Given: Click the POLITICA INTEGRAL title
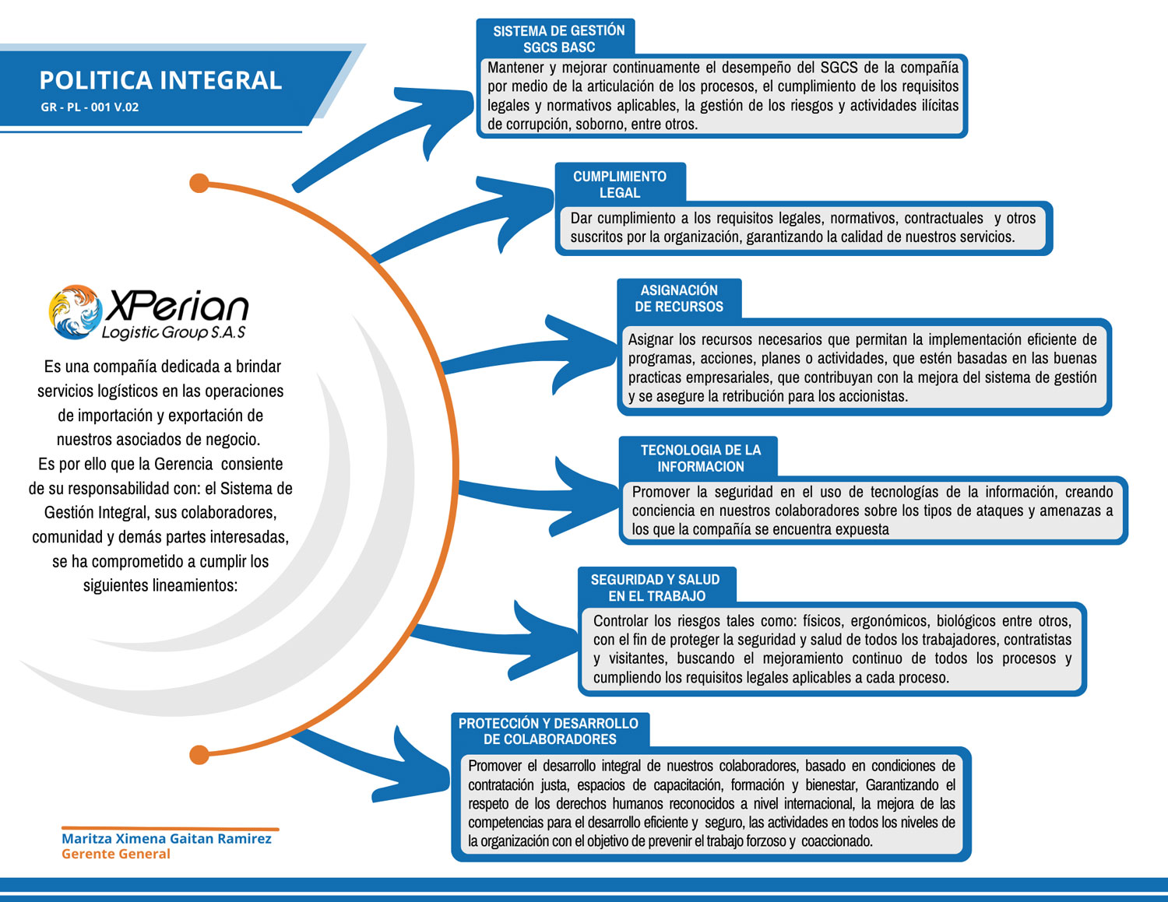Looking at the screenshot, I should click(x=160, y=80).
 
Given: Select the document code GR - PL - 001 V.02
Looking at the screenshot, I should click(x=90, y=107).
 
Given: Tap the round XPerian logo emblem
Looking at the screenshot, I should click(x=75, y=311).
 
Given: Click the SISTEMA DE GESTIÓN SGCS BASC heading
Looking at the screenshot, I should click(x=558, y=39).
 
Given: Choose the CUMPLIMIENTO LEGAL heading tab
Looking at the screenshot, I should click(x=620, y=184).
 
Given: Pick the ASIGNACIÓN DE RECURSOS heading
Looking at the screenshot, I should click(x=679, y=298).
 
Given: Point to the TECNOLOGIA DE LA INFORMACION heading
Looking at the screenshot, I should click(x=701, y=458).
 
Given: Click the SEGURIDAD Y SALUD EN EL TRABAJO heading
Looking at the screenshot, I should click(x=656, y=588).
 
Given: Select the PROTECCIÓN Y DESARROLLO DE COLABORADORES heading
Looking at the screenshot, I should click(x=549, y=732).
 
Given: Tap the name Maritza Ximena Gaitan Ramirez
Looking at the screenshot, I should click(x=167, y=839).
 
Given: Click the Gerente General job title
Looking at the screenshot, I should click(x=115, y=854).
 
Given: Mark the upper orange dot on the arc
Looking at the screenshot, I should click(x=199, y=184).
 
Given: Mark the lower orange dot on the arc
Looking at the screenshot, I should click(x=199, y=754).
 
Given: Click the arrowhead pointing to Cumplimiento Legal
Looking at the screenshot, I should click(x=522, y=204).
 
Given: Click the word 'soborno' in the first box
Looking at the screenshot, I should click(x=600, y=125).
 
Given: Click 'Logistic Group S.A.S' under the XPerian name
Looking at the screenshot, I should click(x=174, y=333).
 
